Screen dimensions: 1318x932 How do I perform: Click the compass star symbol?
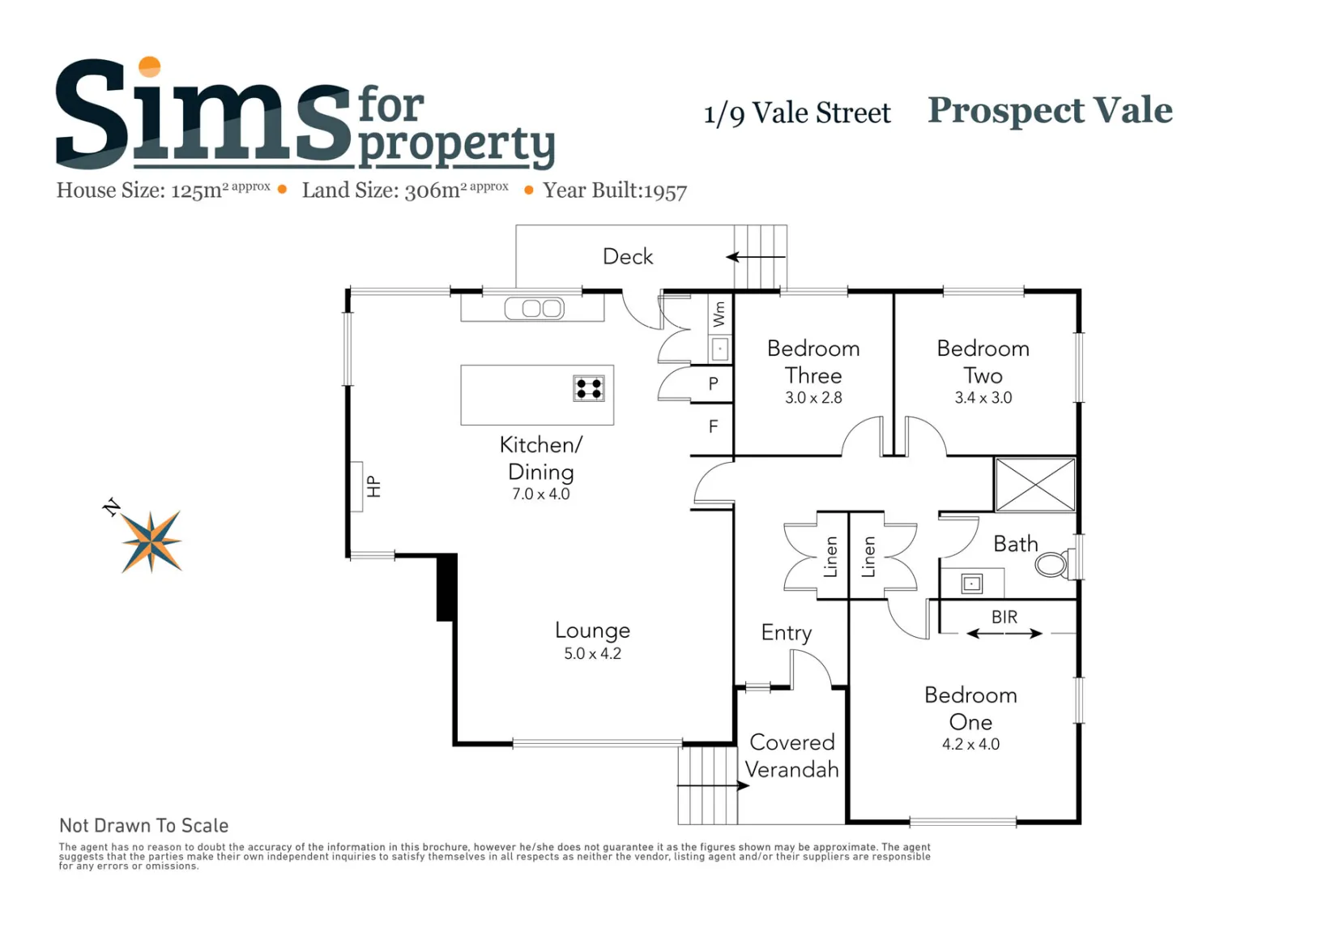pyautogui.click(x=151, y=541)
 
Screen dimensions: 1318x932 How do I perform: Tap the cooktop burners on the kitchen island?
pyautogui.click(x=589, y=388)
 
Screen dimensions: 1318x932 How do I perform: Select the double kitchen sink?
pyautogui.click(x=535, y=308)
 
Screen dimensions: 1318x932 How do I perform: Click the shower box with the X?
pyautogui.click(x=1035, y=485)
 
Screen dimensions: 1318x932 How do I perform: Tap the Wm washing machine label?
pyautogui.click(x=719, y=314)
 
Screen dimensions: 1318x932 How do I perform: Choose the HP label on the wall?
pyautogui.click(x=373, y=486)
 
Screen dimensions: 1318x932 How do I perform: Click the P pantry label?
pyautogui.click(x=713, y=384)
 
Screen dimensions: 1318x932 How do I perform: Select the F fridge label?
pyautogui.click(x=713, y=426)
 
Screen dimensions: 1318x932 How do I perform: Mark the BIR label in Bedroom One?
pyautogui.click(x=1004, y=617)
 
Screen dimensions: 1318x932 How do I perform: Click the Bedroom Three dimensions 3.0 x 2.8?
pyautogui.click(x=813, y=398)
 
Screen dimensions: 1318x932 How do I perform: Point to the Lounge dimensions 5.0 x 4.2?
pyautogui.click(x=592, y=653)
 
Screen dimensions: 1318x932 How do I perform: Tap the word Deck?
pyautogui.click(x=628, y=257)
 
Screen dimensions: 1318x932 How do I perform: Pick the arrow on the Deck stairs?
pyautogui.click(x=756, y=257)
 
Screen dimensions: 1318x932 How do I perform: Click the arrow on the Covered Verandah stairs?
pyautogui.click(x=713, y=785)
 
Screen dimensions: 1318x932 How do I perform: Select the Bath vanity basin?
pyautogui.click(x=971, y=584)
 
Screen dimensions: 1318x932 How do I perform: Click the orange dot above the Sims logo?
pyautogui.click(x=150, y=66)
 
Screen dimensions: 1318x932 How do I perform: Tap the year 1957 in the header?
pyautogui.click(x=665, y=191)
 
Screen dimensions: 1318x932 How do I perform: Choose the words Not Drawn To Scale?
pyautogui.click(x=143, y=826)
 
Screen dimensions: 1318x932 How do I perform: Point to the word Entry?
pyautogui.click(x=786, y=633)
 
